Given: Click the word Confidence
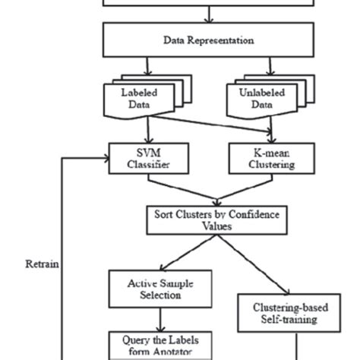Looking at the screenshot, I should (x=233, y=214).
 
